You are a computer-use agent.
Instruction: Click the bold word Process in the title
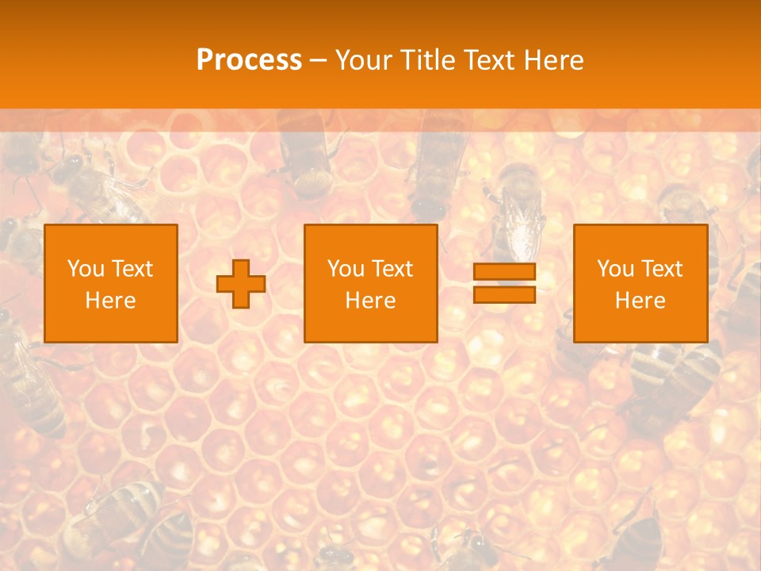(249, 60)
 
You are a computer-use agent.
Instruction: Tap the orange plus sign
(241, 283)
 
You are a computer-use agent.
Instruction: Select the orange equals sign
(504, 283)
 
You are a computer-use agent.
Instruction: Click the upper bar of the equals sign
(504, 272)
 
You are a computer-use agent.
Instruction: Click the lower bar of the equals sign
(504, 295)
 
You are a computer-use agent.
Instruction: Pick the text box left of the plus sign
(110, 283)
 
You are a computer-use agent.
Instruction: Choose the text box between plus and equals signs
(370, 283)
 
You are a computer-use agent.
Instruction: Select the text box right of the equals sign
(640, 283)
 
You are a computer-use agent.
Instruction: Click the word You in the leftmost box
(84, 269)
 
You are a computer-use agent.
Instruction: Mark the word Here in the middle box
(370, 300)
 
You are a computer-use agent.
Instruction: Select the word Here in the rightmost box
(640, 300)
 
